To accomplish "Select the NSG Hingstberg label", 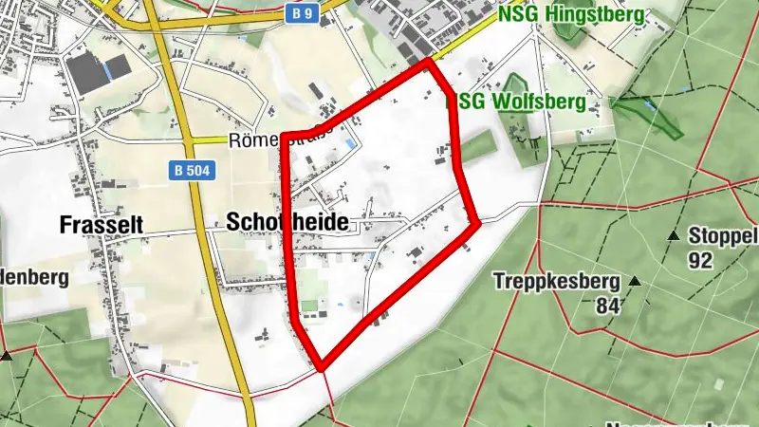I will (x=571, y=14).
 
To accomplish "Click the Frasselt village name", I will (x=101, y=225).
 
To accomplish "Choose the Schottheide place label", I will (x=287, y=222).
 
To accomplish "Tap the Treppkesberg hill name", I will (x=557, y=281).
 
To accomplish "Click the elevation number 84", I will (x=608, y=306).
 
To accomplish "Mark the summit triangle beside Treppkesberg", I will (x=635, y=281).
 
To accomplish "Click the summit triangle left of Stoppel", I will (x=673, y=234).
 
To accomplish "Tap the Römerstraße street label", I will (x=275, y=140).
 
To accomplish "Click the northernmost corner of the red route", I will (x=430, y=63).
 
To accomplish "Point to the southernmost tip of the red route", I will (x=322, y=365).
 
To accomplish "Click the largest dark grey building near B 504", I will (x=88, y=76).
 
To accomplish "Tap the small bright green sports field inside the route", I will (x=310, y=306).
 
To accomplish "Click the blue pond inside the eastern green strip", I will (x=648, y=103).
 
